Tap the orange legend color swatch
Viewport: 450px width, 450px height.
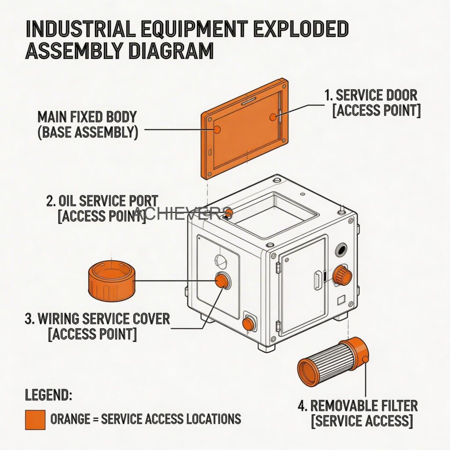tap(35, 419)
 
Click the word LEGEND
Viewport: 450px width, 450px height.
tap(48, 395)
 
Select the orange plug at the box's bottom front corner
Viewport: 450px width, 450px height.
tap(248, 324)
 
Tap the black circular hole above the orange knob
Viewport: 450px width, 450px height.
tap(341, 250)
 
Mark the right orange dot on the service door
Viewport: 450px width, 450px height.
tap(273, 116)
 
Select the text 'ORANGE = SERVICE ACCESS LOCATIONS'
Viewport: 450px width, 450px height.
tap(145, 419)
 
